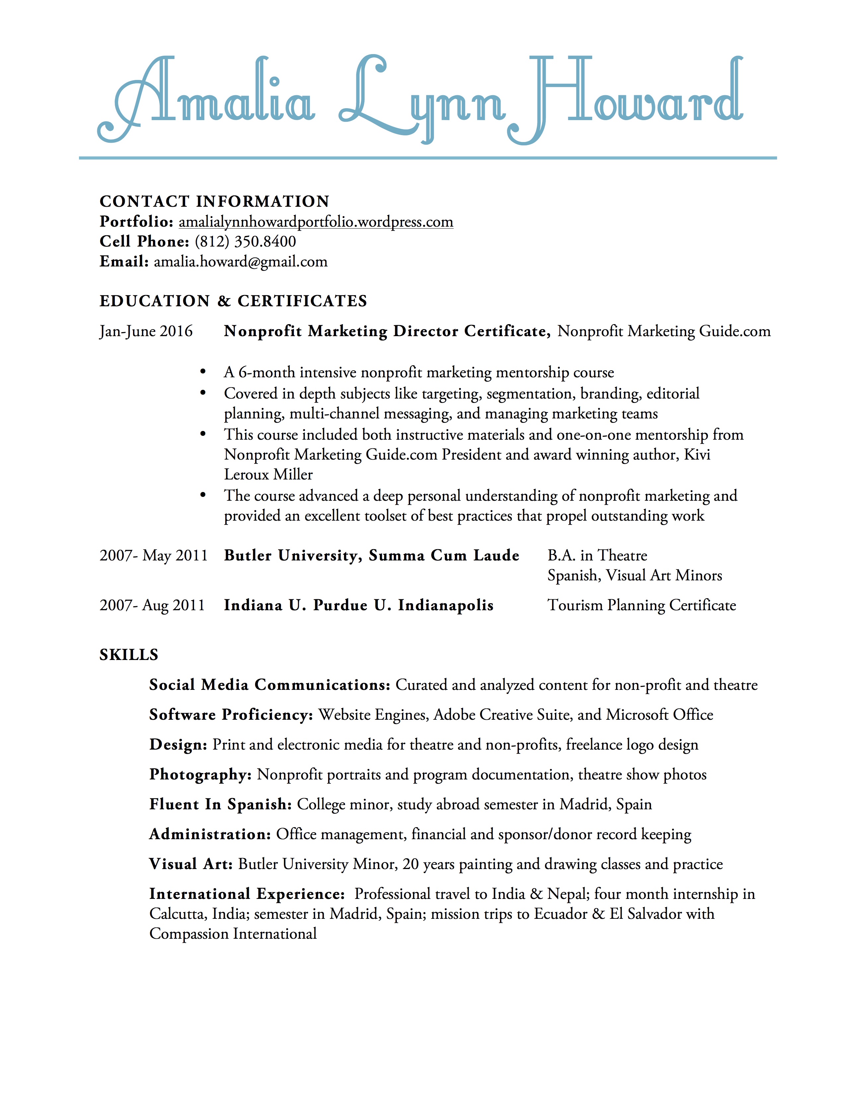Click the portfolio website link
coord(316,222)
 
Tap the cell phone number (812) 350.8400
coord(245,242)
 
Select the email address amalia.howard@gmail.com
coord(241,262)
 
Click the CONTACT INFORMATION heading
coord(215,201)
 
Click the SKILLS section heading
coord(129,655)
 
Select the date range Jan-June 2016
coord(146,331)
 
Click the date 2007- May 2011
coord(153,555)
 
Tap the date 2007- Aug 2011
coord(152,605)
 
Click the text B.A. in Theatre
coord(597,555)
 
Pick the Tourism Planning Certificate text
coord(642,605)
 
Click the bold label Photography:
coord(200,774)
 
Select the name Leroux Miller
coord(268,474)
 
